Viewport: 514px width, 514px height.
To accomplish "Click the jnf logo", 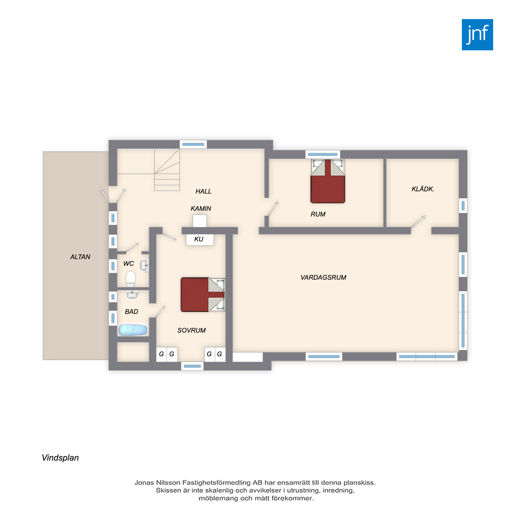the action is click(x=477, y=35).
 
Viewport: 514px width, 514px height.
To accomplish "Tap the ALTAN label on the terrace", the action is click(x=80, y=257).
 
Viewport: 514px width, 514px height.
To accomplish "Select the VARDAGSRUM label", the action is click(x=323, y=278).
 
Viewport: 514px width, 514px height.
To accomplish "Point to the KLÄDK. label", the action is click(x=423, y=189).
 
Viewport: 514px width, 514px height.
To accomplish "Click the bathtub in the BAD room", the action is click(x=133, y=330).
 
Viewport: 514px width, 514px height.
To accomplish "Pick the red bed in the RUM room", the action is click(x=328, y=181).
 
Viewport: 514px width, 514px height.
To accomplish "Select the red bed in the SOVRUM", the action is click(x=203, y=295).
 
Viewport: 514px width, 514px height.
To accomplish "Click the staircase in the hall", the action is click(x=167, y=170).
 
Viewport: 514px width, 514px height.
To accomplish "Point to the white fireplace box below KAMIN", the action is click(x=199, y=221).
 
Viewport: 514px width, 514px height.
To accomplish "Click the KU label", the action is click(x=199, y=239).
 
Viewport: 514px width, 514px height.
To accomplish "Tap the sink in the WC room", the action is click(x=144, y=265).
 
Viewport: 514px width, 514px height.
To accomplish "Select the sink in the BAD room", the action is click(x=132, y=295).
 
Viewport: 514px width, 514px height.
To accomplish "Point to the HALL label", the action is click(x=204, y=191).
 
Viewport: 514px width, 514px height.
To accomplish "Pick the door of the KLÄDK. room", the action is click(x=418, y=222).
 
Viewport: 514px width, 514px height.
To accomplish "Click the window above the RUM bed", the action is click(x=323, y=154).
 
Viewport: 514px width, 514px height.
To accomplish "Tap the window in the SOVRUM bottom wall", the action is click(x=192, y=366).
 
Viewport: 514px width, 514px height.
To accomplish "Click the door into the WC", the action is click(x=132, y=247).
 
